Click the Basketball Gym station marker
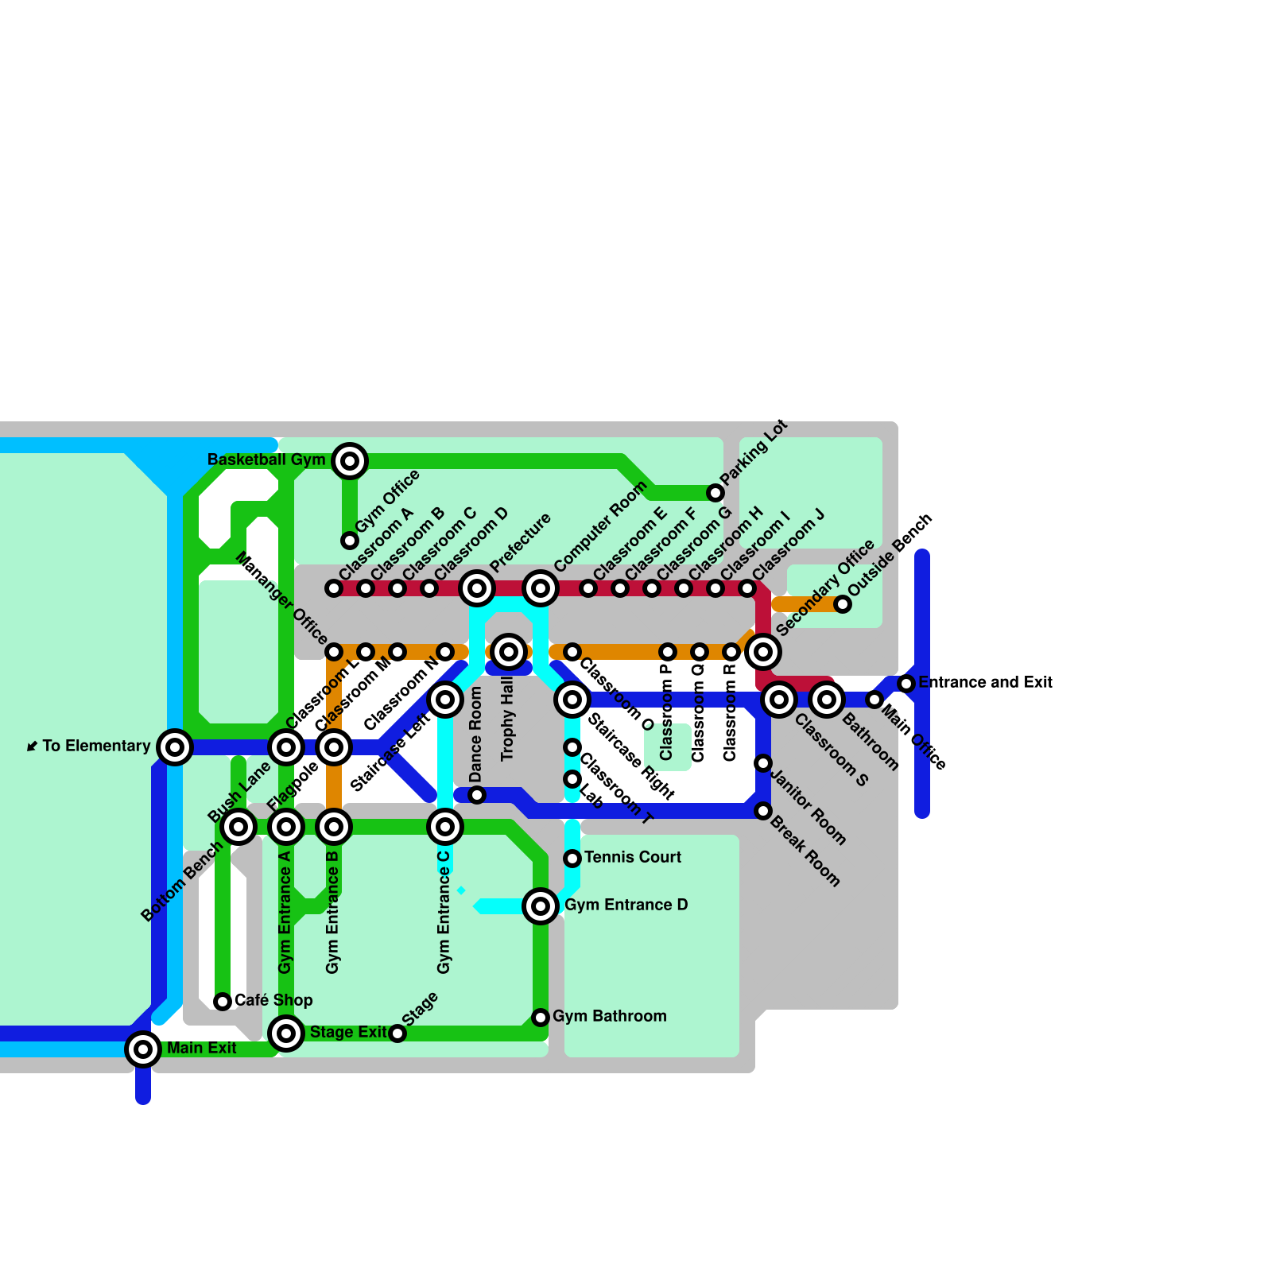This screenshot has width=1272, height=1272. point(350,461)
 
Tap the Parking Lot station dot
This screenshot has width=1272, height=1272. point(715,493)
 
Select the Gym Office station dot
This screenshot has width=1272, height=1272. point(350,541)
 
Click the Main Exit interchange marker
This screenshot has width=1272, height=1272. point(143,1049)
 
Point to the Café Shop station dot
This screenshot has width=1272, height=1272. point(223,1002)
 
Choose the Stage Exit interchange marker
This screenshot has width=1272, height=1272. point(286,1033)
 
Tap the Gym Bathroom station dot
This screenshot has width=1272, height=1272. point(541,1018)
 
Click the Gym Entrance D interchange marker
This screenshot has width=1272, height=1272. point(541,906)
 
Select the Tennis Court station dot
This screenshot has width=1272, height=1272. point(572,859)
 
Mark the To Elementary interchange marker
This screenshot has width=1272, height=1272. point(175,747)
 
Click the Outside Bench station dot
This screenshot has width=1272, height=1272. point(843,604)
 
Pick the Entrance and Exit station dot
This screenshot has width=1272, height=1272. point(906,684)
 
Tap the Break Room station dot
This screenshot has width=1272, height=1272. point(763,811)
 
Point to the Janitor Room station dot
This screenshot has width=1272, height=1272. point(763,763)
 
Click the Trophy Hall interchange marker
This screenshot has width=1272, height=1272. point(509,652)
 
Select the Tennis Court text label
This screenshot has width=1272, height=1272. point(633,857)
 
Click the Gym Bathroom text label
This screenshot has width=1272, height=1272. point(609,1016)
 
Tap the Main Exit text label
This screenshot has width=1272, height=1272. point(201,1048)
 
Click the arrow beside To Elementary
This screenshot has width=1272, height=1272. point(32,746)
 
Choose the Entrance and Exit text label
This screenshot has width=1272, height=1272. point(985,682)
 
